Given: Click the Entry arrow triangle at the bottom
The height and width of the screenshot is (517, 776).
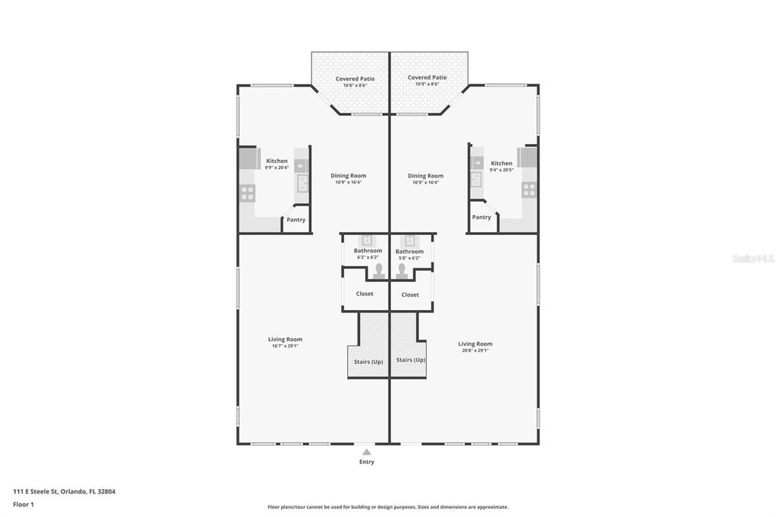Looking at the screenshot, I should click(x=367, y=452).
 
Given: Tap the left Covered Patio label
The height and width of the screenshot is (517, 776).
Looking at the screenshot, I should click(x=355, y=79).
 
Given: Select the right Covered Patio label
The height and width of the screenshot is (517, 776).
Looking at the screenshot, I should click(x=427, y=77).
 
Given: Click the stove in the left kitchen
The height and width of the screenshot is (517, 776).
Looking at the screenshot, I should click(x=247, y=193).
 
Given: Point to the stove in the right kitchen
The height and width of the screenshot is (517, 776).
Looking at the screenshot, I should click(x=529, y=189).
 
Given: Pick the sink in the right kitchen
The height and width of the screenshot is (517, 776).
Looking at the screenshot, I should click(x=476, y=180).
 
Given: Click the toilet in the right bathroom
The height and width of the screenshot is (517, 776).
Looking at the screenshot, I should click(x=402, y=271).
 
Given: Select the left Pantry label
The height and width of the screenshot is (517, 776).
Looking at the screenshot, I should click(x=296, y=220).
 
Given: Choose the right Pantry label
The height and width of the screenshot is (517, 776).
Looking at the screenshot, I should click(x=481, y=217).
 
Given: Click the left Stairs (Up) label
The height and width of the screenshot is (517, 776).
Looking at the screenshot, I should click(x=368, y=362).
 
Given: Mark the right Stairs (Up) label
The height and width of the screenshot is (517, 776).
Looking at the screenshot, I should click(x=410, y=360).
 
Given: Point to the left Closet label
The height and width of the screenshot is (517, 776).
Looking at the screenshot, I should click(x=365, y=293).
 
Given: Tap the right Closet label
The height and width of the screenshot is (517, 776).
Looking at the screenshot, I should click(x=410, y=295).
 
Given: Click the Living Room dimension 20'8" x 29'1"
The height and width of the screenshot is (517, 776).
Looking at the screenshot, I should click(x=475, y=350).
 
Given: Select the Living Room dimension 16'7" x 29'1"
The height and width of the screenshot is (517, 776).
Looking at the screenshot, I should click(x=285, y=346).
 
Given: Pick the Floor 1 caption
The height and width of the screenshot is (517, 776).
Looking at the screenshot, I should click(x=23, y=504).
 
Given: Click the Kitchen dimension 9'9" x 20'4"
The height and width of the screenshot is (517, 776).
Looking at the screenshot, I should click(x=277, y=168).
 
